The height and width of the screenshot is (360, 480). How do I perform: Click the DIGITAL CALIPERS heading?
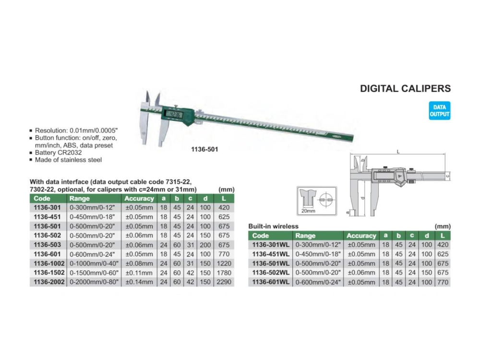click(x=405, y=88)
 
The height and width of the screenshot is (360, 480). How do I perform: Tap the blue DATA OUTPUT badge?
click(x=439, y=111)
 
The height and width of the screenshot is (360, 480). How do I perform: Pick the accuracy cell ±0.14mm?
click(x=139, y=282)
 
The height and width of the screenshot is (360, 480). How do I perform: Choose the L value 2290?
click(x=224, y=282)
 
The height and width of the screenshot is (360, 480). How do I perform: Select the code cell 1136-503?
click(x=47, y=245)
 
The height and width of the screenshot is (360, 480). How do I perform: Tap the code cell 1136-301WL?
click(x=271, y=245)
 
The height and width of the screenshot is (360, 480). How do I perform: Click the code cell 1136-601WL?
click(x=271, y=282)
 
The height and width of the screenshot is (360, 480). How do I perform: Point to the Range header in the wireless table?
click(x=305, y=236)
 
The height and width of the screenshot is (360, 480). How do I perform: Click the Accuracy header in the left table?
click(x=139, y=198)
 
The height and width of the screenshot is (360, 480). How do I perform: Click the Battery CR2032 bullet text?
click(x=59, y=153)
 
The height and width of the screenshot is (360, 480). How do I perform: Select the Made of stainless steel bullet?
click(x=68, y=160)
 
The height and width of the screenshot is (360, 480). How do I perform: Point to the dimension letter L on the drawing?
click(x=398, y=152)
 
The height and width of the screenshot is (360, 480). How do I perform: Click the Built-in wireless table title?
click(x=273, y=226)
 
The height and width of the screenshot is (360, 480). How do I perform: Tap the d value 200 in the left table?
click(x=205, y=245)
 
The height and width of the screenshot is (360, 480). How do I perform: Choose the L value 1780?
click(x=224, y=273)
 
